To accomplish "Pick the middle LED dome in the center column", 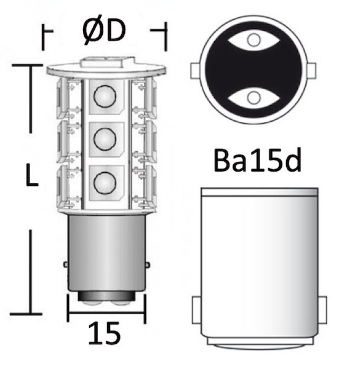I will (x=103, y=137).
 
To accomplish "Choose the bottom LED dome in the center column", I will (x=103, y=181).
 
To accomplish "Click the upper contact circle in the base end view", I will (x=252, y=41).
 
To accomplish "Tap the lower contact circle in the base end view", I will (x=252, y=97).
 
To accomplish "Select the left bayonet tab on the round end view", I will (x=194, y=69).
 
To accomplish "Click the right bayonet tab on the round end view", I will (x=311, y=69).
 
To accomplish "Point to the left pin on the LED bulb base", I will (x=66, y=264).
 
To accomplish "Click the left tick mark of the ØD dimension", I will (x=43, y=37).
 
